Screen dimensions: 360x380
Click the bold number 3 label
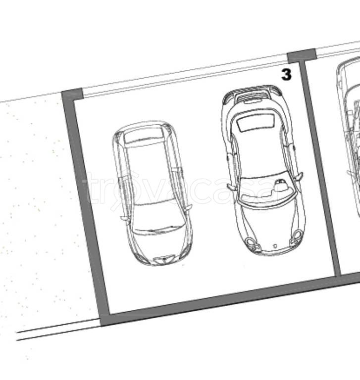[x=287, y=74]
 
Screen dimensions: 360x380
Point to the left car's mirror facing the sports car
[x=188, y=207]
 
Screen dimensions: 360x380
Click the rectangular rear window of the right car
[x=256, y=122]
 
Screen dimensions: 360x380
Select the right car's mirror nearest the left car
[x=231, y=187]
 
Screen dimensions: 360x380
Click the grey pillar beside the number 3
[x=302, y=55]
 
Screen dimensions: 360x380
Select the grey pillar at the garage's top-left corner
[x=73, y=94]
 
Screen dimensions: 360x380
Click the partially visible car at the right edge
[x=349, y=136]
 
